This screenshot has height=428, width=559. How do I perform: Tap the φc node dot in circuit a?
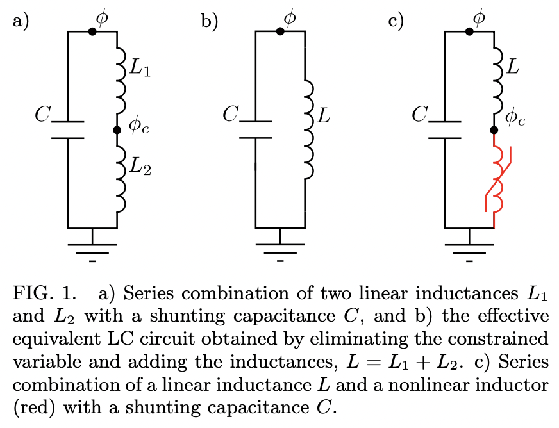pos(117,130)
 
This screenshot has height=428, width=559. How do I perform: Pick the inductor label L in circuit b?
pos(325,117)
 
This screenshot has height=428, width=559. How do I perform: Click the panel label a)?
pos(21,21)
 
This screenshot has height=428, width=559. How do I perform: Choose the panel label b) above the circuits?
pos(210,21)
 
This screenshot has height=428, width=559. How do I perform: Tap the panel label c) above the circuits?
pos(397,21)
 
